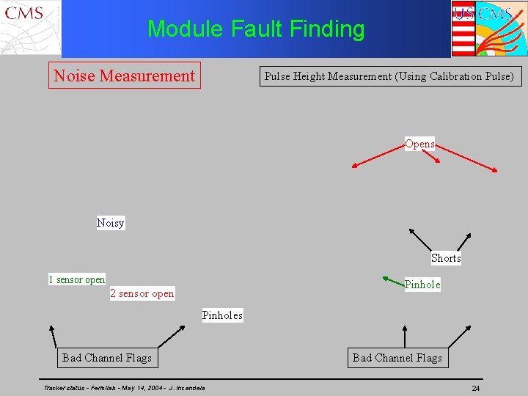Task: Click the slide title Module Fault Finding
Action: tap(256, 29)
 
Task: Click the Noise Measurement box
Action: tap(124, 76)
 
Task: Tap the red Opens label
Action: tap(419, 144)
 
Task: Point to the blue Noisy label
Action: tap(111, 222)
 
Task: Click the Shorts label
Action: tap(446, 258)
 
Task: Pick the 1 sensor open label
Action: tap(76, 279)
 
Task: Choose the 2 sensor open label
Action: tap(142, 293)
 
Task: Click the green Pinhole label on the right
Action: tap(422, 285)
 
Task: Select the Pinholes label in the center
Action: tap(222, 315)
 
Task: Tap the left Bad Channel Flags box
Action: tap(107, 358)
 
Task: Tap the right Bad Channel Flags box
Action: tap(397, 358)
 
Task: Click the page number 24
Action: tap(475, 388)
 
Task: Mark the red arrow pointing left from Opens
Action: tap(377, 155)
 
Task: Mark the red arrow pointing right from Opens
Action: tap(467, 158)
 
